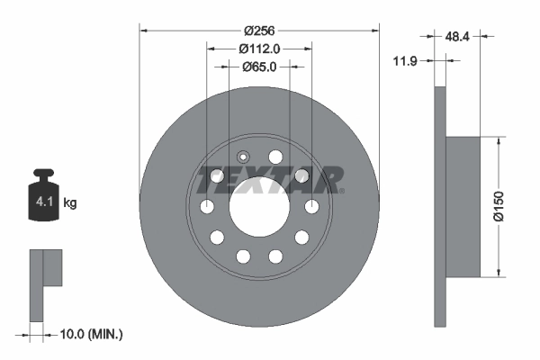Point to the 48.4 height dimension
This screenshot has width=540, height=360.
tap(458, 36)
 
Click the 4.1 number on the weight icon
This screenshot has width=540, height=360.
tap(42, 202)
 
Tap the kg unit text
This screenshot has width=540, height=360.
tap(69, 202)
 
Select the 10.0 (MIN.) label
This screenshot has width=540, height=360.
tap(90, 334)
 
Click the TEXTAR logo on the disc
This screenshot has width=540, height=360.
tap(268, 179)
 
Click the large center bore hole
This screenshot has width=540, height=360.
tap(259, 208)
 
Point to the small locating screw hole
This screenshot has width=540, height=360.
tap(242, 157)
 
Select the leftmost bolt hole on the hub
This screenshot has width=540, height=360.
tap(206, 208)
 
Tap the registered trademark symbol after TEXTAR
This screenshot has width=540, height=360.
tap(344, 191)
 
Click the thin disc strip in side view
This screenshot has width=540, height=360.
tap(440, 207)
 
